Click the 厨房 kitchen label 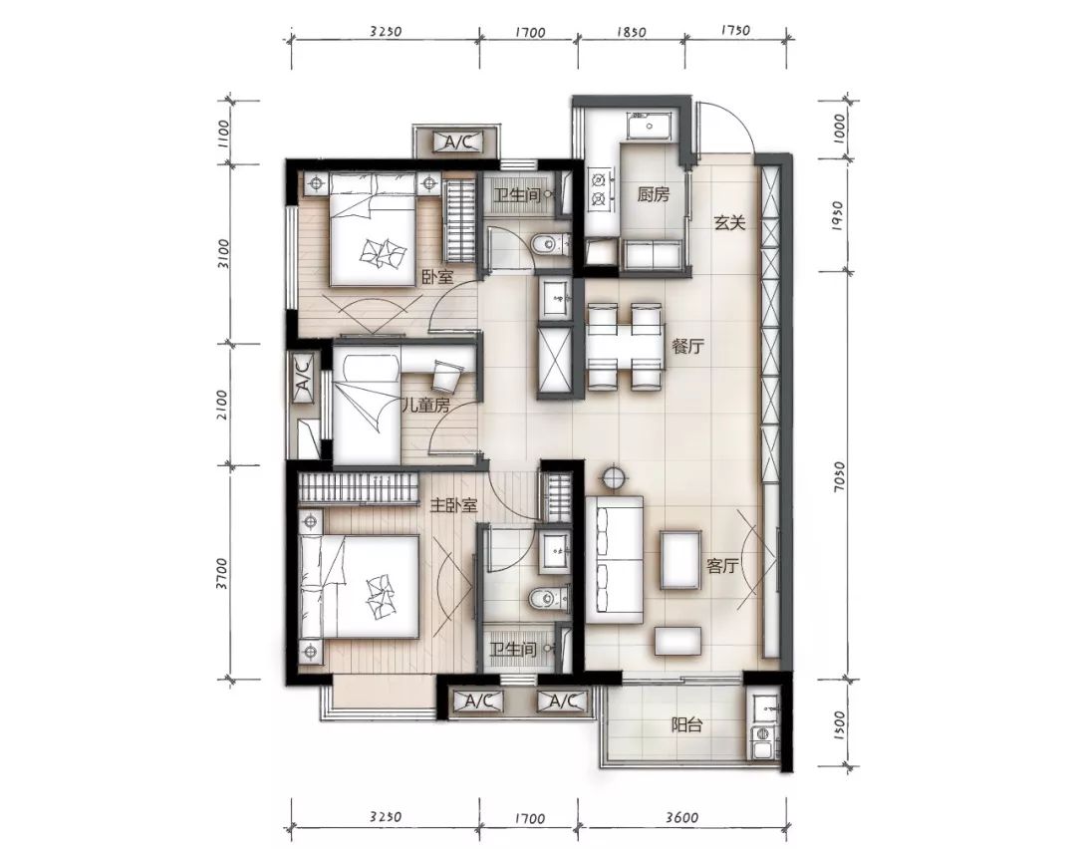653,195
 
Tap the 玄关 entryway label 728,222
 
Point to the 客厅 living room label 722,566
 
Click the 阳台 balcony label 686,724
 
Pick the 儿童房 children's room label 425,405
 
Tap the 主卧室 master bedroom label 453,506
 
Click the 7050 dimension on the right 839,475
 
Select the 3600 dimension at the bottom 681,817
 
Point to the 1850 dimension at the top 631,32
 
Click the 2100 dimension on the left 221,405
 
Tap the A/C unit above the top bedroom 458,142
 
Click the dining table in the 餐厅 627,346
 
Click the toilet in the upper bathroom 550,244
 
